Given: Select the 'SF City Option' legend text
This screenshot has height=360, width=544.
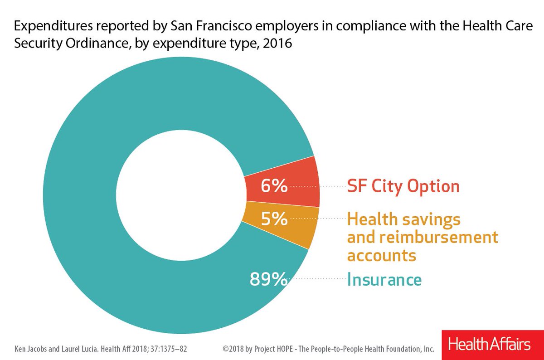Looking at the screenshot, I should click(x=403, y=186).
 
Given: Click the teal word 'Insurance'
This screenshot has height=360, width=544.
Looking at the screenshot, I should click(x=384, y=279).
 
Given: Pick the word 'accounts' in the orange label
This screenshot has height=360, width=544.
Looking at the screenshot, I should click(x=381, y=255).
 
